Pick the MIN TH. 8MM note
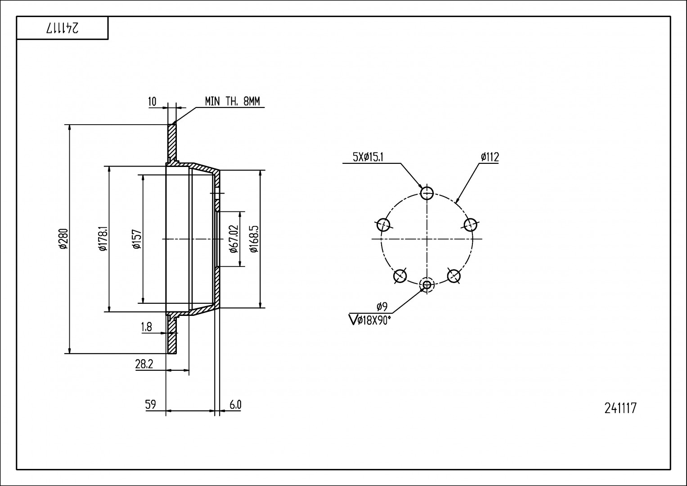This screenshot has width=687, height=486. tap(232, 101)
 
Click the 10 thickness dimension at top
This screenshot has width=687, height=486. tap(152, 102)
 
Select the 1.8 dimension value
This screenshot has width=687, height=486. tap(147, 327)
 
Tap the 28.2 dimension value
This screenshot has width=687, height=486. tap(144, 364)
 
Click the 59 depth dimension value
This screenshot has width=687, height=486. tap(150, 405)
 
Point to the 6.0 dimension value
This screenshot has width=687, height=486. tap(235, 405)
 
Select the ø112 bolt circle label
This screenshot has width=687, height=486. tap(489, 157)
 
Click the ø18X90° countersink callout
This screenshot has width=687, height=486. tap(370, 320)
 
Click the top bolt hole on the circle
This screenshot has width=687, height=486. tap(427, 193)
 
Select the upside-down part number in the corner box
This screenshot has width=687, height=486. tap(62, 28)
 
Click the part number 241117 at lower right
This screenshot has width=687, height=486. tap(620, 408)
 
